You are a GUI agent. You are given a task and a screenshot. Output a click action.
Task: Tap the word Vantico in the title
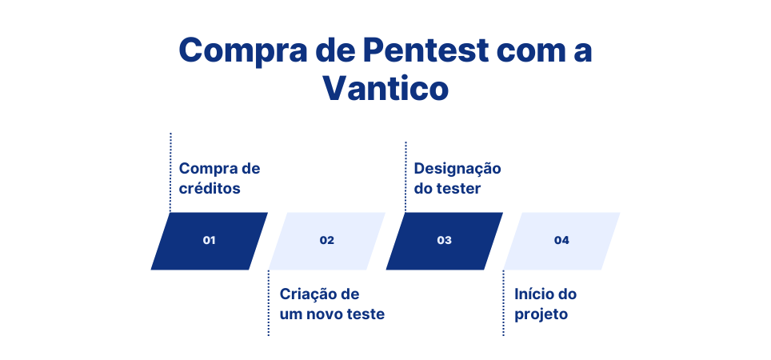385,88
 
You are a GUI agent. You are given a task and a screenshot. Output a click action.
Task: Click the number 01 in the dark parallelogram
210,240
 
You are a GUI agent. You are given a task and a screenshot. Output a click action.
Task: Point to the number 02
326,240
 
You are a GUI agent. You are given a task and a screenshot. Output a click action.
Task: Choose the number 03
444,240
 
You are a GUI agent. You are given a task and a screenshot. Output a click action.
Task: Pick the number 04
561,240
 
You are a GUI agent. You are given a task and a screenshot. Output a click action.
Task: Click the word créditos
210,189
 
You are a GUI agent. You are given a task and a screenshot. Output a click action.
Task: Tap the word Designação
457,169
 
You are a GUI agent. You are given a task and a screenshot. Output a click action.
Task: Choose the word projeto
541,314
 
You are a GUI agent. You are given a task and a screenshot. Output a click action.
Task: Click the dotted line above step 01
170,172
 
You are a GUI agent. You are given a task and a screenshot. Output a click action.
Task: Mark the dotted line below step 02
269,304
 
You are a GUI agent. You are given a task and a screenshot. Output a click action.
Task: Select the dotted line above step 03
405,176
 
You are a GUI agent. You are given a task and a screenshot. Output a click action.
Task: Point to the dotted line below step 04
503,304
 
